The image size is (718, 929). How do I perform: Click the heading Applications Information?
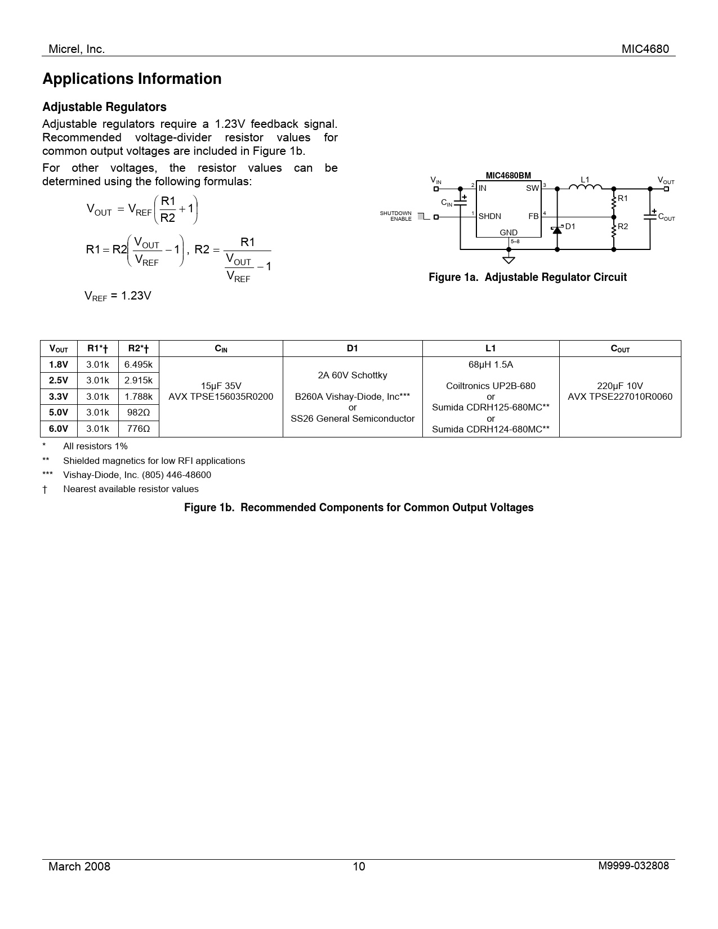[x=132, y=79]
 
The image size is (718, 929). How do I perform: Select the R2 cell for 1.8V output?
[x=139, y=364]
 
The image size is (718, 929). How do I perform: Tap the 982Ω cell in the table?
[x=139, y=412]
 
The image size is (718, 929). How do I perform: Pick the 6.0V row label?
[x=59, y=428]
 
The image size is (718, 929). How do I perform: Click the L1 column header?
[x=490, y=349]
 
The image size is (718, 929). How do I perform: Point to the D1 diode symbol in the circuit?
[x=558, y=229]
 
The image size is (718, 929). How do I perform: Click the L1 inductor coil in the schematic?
[x=585, y=187]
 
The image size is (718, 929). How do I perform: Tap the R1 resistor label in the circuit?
[x=622, y=199]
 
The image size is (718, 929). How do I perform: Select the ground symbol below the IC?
[x=509, y=260]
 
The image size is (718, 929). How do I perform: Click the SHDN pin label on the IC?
[x=490, y=216]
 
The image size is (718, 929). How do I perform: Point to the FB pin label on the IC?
[x=533, y=216]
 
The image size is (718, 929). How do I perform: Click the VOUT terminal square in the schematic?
[x=666, y=189]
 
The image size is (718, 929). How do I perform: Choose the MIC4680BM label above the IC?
[x=508, y=176]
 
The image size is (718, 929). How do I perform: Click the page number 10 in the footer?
[x=359, y=867]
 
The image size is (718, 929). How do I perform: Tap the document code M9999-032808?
[x=634, y=865]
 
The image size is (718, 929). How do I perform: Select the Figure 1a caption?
[x=527, y=277]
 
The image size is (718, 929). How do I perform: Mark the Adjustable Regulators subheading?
[x=104, y=107]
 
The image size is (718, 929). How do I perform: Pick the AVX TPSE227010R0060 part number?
[x=619, y=396]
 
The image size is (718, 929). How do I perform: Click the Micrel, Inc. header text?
[x=77, y=49]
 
